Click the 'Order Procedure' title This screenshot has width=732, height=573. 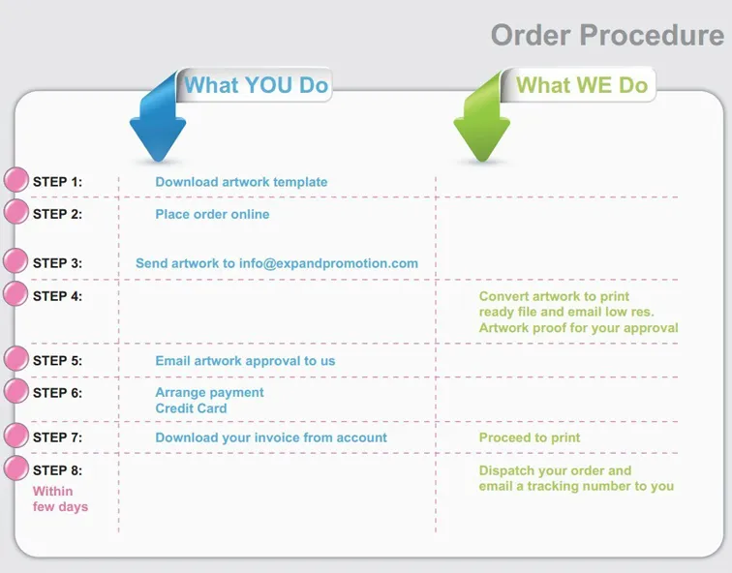tap(607, 35)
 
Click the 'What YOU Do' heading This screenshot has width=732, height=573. tap(257, 85)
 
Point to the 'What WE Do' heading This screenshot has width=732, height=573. tap(582, 85)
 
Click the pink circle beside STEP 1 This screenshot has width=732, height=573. tap(16, 180)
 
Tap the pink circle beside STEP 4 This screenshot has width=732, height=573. tap(16, 294)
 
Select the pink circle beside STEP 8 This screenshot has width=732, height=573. tap(16, 468)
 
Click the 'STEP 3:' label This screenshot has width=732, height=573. tap(57, 263)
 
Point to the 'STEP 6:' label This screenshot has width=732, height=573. tap(57, 393)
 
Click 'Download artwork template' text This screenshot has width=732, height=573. tap(241, 182)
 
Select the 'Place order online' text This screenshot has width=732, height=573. tap(212, 214)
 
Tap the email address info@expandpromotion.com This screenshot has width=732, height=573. tap(328, 263)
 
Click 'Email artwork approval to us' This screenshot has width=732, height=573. tap(245, 361)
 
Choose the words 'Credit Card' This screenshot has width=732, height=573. tap(191, 408)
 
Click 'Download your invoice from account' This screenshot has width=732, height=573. tap(271, 437)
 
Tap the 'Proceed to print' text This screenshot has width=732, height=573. tap(530, 437)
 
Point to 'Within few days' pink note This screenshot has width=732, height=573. tap(60, 498)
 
